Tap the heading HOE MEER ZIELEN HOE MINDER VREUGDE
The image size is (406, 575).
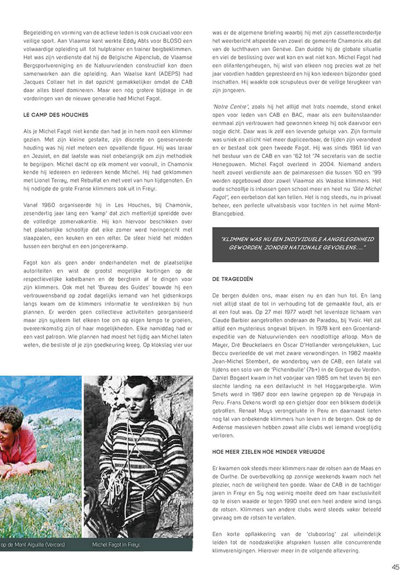click(269, 451)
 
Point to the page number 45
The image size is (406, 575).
click(395, 567)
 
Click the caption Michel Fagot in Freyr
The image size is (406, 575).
click(116, 544)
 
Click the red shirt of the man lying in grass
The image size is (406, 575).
click(25, 447)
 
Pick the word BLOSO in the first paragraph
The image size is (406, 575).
click(157, 41)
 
